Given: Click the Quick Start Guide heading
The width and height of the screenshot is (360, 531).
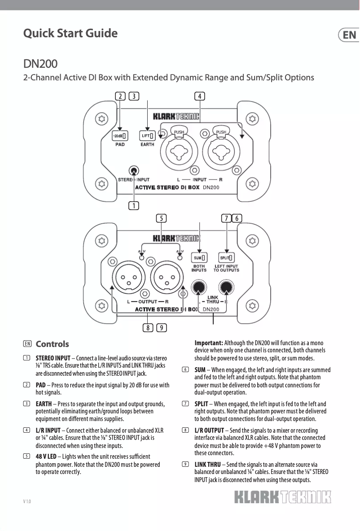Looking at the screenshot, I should click(x=70, y=34).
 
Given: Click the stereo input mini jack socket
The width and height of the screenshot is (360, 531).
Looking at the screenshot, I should click(x=133, y=171).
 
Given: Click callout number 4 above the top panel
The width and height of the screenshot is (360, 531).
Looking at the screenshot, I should click(x=200, y=96).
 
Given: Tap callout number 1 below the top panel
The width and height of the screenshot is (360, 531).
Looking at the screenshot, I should click(x=133, y=206).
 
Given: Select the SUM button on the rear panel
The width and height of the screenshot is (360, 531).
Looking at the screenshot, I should click(x=199, y=258).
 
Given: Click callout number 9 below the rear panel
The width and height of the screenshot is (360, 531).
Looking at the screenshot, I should click(x=162, y=327).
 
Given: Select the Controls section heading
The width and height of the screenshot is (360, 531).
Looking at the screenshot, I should click(x=52, y=344).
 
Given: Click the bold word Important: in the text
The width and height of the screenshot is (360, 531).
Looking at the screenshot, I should click(x=209, y=343).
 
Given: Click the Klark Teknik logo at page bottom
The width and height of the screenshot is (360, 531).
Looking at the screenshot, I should click(x=282, y=498).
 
